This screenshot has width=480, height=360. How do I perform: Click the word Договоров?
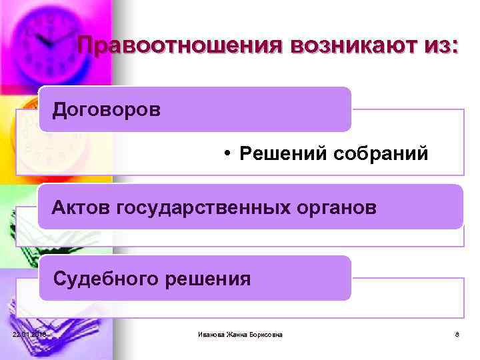pos(107,109)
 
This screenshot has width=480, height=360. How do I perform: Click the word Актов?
pos(81,207)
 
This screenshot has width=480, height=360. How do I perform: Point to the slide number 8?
pos(457,334)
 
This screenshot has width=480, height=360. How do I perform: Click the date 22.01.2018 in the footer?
pos(29,334)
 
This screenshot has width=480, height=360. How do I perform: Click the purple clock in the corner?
pos(50,40)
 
